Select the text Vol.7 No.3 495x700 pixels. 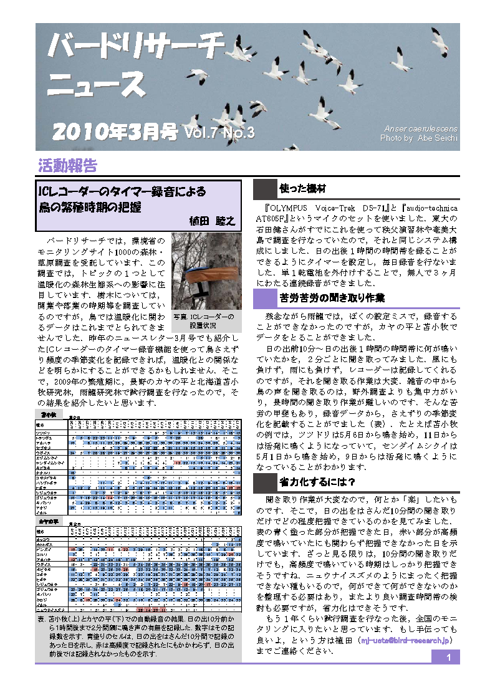coord(219,132)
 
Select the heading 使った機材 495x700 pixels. coord(303,188)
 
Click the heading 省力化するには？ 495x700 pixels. coord(317,464)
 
